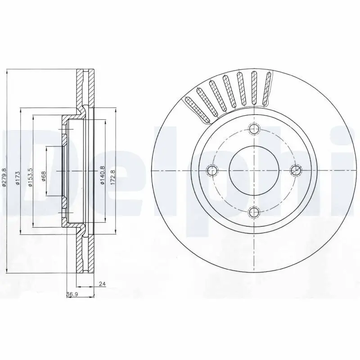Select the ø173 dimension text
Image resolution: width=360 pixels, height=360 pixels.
tap(17, 177)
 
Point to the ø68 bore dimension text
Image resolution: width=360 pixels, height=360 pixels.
tap(44, 175)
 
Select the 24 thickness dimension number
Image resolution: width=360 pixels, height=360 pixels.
tap(101, 284)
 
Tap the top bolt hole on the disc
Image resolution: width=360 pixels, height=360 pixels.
tap(255, 129)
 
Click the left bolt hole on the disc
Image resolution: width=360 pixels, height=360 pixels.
tap(212, 170)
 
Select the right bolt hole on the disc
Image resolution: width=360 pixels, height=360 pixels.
tap(296, 170)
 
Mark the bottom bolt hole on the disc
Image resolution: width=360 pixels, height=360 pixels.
tap(255, 211)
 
